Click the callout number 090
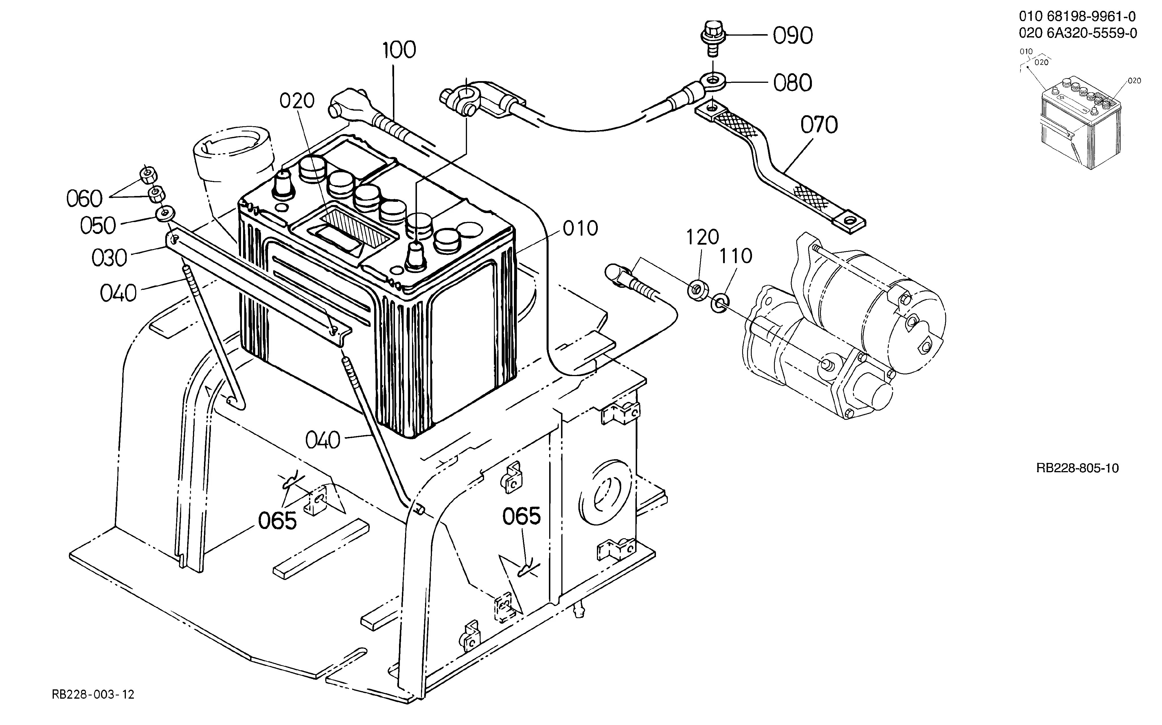793,36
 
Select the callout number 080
793,83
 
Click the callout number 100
400,50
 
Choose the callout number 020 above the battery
297,101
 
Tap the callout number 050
98,225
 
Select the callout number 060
84,199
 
